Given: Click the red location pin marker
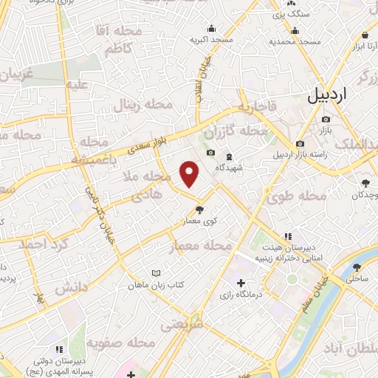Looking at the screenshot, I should point(190,173).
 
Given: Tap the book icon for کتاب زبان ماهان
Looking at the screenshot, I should point(155,272).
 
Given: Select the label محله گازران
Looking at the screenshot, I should point(237,132).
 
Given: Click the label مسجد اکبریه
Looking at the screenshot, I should point(211,38).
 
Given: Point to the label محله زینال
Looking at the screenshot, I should point(142,106).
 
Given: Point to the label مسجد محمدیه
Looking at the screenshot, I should point(295,41).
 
